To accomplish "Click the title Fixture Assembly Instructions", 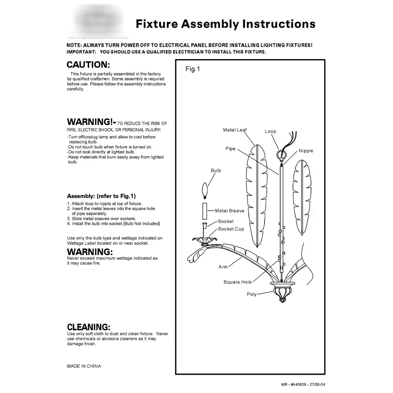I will pyautogui.click(x=225, y=24).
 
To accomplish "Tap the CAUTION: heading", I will pyautogui.click(x=88, y=65).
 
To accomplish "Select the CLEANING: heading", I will pyautogui.click(x=88, y=327).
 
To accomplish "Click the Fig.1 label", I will pyautogui.click(x=193, y=69).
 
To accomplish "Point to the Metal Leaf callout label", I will pyautogui.click(x=235, y=130).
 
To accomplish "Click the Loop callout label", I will pyautogui.click(x=270, y=131).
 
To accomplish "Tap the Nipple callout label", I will pyautogui.click(x=306, y=151).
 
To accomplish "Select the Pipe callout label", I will pyautogui.click(x=230, y=149).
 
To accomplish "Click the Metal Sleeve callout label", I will pyautogui.click(x=230, y=211).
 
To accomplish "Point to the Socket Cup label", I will pyautogui.click(x=231, y=229).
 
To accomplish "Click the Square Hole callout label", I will pyautogui.click(x=237, y=282).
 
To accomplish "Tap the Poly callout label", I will pyautogui.click(x=252, y=294).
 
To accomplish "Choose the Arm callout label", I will pyautogui.click(x=223, y=267).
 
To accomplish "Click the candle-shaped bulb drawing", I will pyautogui.click(x=205, y=190).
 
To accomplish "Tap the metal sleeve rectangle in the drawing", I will pyautogui.click(x=205, y=211).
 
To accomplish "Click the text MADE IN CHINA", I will pyautogui.click(x=84, y=366).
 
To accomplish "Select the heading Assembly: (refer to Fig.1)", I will pyautogui.click(x=101, y=196).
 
